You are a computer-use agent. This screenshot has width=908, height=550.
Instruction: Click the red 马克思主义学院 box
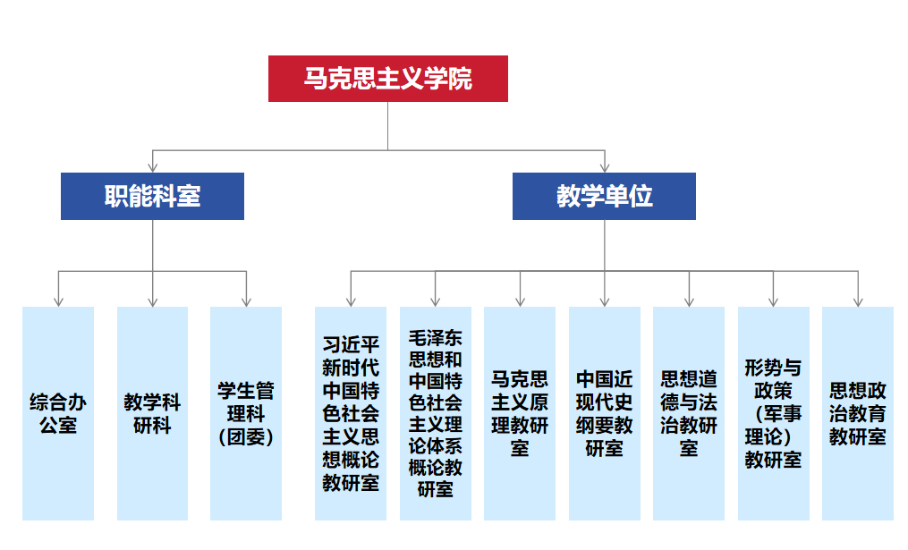pos(387,79)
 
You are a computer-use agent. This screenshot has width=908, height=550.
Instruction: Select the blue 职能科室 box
pos(152,196)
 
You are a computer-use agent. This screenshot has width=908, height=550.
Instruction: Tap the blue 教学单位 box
pos(604,196)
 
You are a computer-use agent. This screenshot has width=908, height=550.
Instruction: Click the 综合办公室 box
pos(58,413)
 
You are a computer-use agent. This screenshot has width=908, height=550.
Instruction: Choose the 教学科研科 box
pos(152,413)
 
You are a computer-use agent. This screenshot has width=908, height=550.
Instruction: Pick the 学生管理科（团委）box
pos(246,413)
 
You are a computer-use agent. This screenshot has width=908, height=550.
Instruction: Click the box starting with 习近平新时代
pos(351,413)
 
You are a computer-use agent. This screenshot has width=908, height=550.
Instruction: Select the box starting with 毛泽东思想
pos(435,413)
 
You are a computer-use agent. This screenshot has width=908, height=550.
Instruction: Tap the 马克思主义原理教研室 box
pos(520,413)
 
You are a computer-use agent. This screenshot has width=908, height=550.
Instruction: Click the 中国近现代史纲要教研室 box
pos(604,413)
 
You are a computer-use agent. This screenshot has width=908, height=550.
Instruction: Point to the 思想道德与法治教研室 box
pos(688,413)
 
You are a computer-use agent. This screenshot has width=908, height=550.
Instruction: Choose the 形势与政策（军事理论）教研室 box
pos(773,413)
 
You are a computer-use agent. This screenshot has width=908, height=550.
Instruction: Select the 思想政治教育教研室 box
pos(857,413)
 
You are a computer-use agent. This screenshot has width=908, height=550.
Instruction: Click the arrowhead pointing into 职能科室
pos(153,166)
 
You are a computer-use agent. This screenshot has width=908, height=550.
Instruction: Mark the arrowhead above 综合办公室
pos(58,300)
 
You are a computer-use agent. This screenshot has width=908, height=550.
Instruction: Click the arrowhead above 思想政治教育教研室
pos(857,300)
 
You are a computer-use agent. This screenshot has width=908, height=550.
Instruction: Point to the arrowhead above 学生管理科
pos(246,300)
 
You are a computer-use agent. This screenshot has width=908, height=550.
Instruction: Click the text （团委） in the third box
pos(246,437)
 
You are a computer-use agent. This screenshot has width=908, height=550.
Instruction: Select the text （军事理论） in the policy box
pos(773,426)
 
